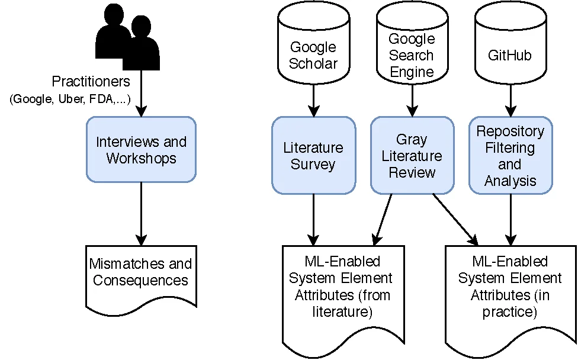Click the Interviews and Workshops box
141,149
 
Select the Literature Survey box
313,155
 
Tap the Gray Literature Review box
412,155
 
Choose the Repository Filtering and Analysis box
510,155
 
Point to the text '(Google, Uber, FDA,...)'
70,99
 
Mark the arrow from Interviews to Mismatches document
141,213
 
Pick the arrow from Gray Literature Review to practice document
455,218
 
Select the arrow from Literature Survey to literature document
313,219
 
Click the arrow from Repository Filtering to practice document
510,219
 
